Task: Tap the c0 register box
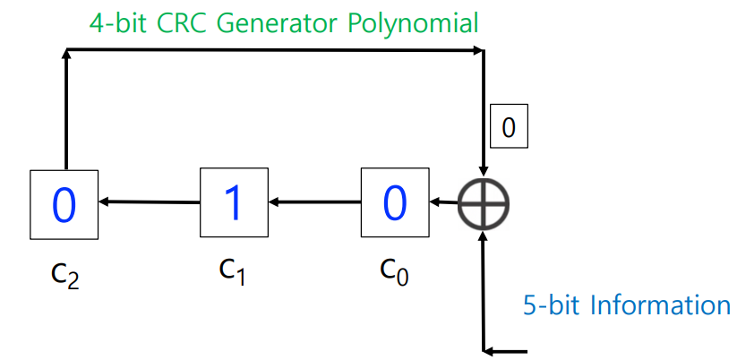click(x=394, y=202)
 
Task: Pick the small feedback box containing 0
click(x=509, y=128)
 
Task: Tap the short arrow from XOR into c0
click(x=441, y=202)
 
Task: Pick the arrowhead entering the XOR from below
click(x=484, y=236)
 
